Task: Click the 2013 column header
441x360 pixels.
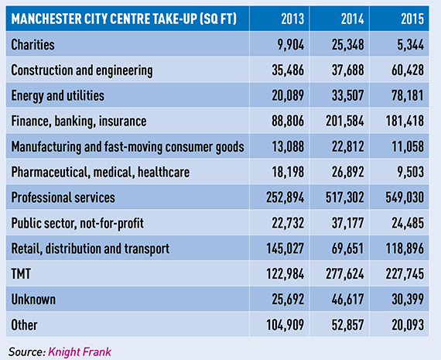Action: pyautogui.click(x=292, y=19)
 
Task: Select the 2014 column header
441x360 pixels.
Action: pyautogui.click(x=352, y=19)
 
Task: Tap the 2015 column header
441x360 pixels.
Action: pyautogui.click(x=412, y=19)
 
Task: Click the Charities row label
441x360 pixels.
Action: pyautogui.click(x=32, y=45)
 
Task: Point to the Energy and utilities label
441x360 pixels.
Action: pyautogui.click(x=58, y=96)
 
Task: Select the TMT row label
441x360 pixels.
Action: pyautogui.click(x=21, y=273)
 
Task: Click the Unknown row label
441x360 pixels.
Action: pyautogui.click(x=33, y=299)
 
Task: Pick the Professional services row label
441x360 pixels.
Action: pyautogui.click(x=63, y=197)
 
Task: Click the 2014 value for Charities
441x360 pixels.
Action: pyautogui.click(x=347, y=45)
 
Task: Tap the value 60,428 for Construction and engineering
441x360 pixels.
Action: pyautogui.click(x=408, y=70)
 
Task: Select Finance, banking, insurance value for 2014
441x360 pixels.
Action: pyautogui.click(x=345, y=121)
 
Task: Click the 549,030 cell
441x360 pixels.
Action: pyautogui.click(x=405, y=197)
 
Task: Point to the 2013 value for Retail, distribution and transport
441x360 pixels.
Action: pyautogui.click(x=285, y=249)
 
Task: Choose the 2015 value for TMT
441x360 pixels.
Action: pyautogui.click(x=405, y=273)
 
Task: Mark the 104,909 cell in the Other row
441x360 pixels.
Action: pyautogui.click(x=285, y=325)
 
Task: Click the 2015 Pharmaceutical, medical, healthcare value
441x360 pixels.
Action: pyautogui.click(x=410, y=172)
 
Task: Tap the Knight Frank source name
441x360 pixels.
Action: pyautogui.click(x=80, y=351)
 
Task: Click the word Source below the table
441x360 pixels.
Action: pyautogui.click(x=27, y=351)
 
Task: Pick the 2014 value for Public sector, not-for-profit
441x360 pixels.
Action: pyautogui.click(x=347, y=223)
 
